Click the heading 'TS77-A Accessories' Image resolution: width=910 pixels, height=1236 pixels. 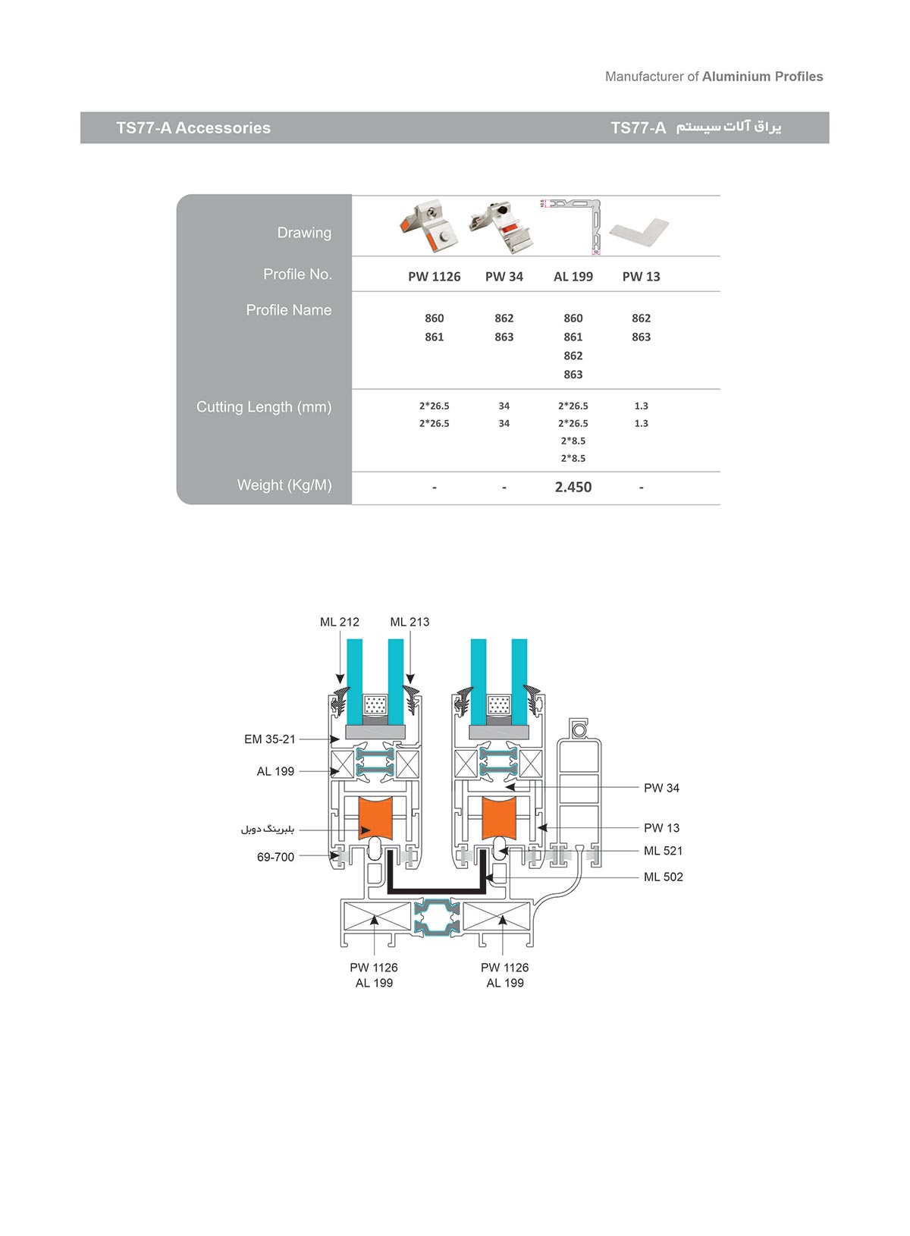[193, 128]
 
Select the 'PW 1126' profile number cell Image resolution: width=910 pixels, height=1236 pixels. [434, 277]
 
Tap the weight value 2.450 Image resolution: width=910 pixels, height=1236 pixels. [573, 488]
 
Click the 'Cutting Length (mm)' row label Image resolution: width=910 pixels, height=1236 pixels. [264, 407]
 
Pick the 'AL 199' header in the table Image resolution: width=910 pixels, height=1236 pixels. [573, 277]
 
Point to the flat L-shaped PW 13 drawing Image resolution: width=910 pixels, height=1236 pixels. [639, 231]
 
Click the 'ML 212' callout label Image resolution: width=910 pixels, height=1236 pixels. [339, 622]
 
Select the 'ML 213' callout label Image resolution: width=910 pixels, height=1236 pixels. [409, 622]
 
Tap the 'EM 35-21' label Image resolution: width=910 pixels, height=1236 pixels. [269, 739]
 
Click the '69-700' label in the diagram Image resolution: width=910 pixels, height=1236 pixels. [275, 858]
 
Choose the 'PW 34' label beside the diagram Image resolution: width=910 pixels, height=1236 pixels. [661, 789]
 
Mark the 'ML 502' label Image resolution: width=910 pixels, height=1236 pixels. [663, 877]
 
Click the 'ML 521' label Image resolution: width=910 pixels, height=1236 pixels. [663, 852]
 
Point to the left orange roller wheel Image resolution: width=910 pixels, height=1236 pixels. [375, 818]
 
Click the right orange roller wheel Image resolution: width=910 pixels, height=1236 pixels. [499, 818]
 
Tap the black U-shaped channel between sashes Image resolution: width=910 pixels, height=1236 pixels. [436, 888]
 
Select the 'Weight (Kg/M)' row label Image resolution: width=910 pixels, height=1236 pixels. [284, 485]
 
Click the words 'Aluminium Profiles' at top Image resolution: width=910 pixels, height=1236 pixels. [762, 77]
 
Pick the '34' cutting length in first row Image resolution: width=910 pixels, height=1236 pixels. [504, 406]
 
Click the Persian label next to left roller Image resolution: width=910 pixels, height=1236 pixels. [267, 830]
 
